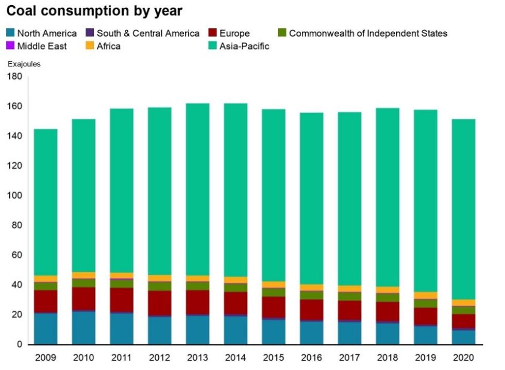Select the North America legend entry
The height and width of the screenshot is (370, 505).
pyautogui.click(x=42, y=33)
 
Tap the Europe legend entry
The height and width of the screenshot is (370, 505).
pyautogui.click(x=229, y=33)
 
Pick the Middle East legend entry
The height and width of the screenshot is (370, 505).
pyautogui.click(x=37, y=46)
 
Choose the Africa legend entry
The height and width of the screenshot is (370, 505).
pyautogui.click(x=103, y=46)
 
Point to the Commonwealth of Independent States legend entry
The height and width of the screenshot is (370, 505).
pyautogui.click(x=363, y=33)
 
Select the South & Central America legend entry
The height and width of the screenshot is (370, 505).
pyautogui.click(x=143, y=33)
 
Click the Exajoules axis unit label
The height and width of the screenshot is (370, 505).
pyautogui.click(x=24, y=64)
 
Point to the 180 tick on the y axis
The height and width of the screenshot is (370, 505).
pyautogui.click(x=14, y=77)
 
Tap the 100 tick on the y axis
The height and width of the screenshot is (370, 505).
pyautogui.click(x=14, y=196)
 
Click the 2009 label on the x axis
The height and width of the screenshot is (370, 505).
pyautogui.click(x=45, y=357)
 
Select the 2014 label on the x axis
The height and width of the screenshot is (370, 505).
pyautogui.click(x=235, y=357)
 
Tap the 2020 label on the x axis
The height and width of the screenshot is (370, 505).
pyautogui.click(x=463, y=357)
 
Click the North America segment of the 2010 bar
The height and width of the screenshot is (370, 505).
pyautogui.click(x=83, y=328)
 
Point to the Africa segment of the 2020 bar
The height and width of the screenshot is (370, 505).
pyautogui.click(x=463, y=303)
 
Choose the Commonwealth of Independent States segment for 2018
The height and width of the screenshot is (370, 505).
pyautogui.click(x=388, y=297)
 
